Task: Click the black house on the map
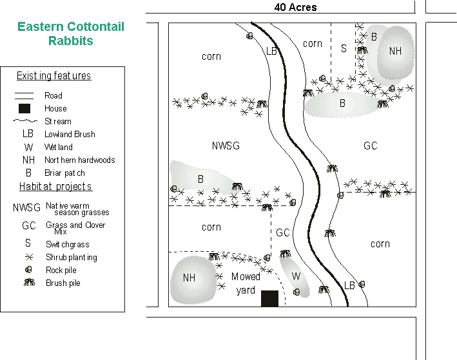[x=269, y=298]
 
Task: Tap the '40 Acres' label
[x=295, y=8]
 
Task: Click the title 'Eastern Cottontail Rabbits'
[x=71, y=33]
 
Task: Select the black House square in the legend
[x=24, y=108]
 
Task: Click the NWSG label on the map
[x=226, y=146]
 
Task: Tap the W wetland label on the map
[x=296, y=276]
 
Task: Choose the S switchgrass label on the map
[x=344, y=48]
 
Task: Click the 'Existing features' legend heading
[x=53, y=76]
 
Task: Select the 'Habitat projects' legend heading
[x=55, y=187]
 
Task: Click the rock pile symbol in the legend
[x=28, y=270]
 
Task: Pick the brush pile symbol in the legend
[x=28, y=283]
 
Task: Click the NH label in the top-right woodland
[x=395, y=51]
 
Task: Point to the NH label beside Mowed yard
[x=189, y=278]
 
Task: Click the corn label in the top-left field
[x=211, y=57]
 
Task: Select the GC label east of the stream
[x=371, y=146]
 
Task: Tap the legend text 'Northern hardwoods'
[x=80, y=160]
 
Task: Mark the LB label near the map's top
[x=271, y=51]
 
